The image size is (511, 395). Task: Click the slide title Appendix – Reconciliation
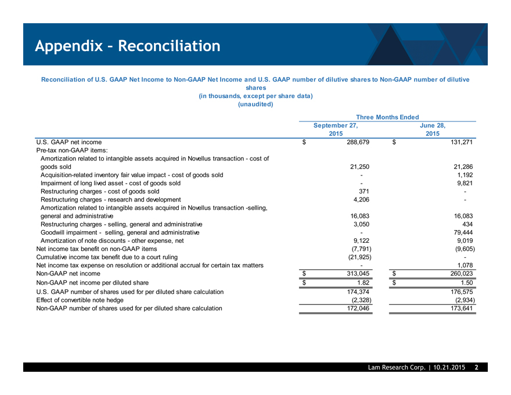coord(127,45)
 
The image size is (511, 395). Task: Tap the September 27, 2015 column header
coord(336,128)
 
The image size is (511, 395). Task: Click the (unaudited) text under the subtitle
coord(255,105)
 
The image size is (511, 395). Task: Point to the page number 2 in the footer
coord(476,368)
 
